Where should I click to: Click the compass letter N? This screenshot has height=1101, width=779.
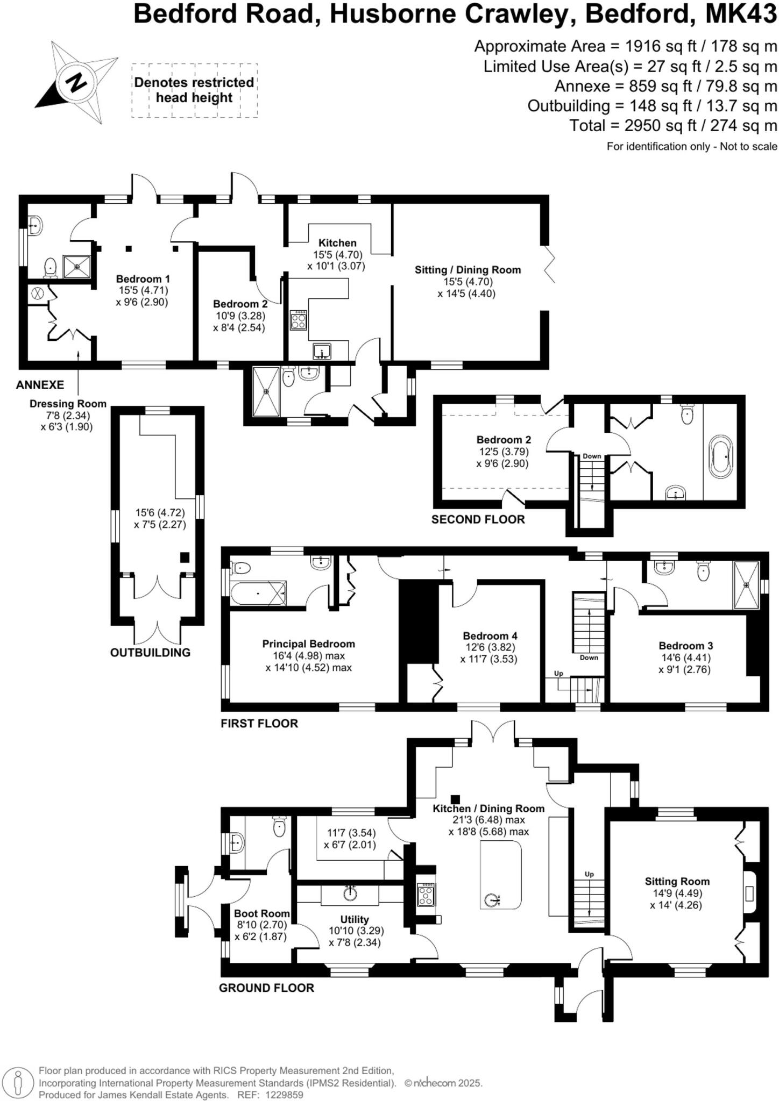75,82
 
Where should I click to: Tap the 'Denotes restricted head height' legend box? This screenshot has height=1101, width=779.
194,90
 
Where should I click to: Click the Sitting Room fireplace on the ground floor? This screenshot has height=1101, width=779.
749,895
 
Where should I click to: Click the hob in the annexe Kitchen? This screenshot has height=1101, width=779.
299,320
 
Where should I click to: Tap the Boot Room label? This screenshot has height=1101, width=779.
261,913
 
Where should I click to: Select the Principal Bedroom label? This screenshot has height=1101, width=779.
308,644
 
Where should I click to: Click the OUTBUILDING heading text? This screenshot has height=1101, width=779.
150,653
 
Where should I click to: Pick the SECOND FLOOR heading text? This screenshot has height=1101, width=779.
478,519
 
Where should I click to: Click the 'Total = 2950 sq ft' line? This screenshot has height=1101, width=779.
673,126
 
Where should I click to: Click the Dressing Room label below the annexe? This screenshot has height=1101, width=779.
68,404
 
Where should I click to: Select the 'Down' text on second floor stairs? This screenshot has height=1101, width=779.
592,456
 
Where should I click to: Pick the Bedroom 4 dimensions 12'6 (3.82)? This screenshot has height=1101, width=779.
490,647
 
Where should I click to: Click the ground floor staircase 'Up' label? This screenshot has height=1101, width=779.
589,874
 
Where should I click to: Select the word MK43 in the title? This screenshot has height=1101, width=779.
741,15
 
